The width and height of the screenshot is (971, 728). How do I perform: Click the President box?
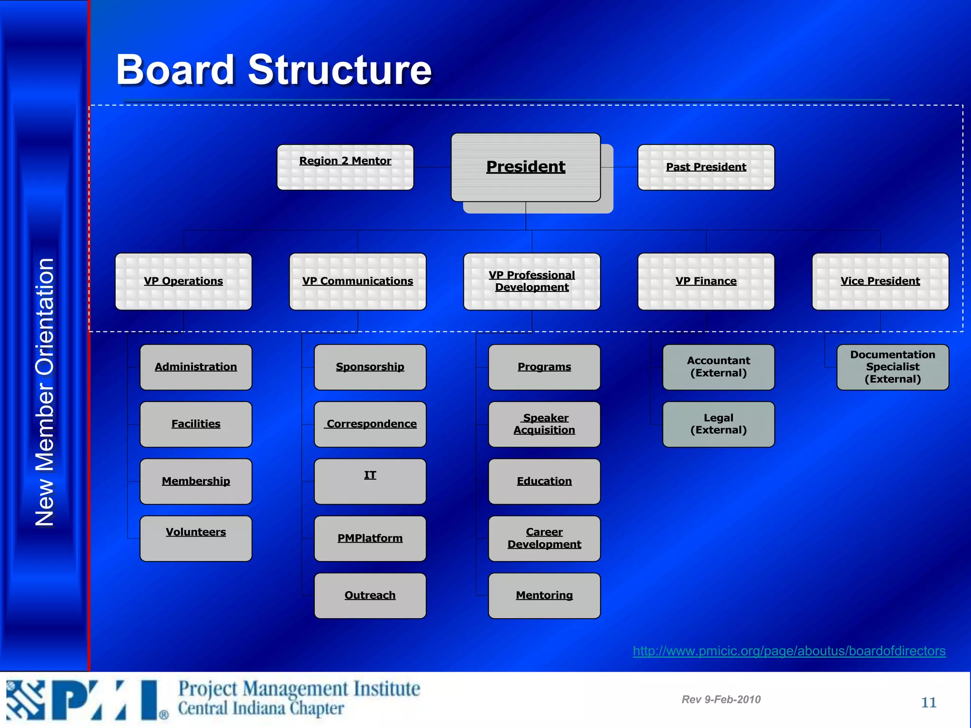525,167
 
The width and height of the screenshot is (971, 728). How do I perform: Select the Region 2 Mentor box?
345,167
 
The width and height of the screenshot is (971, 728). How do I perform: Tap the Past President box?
706,167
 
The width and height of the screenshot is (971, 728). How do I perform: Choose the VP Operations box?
183,281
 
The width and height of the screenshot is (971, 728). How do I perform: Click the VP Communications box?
357,281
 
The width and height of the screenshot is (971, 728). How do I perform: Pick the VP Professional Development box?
531,281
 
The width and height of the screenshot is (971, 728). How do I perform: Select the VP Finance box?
706,281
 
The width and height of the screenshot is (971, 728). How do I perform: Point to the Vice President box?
880,281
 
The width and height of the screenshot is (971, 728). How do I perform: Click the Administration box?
196,367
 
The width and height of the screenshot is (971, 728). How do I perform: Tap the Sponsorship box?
370,367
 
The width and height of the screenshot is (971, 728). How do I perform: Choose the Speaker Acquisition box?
544,424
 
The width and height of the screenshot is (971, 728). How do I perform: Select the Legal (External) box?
718,424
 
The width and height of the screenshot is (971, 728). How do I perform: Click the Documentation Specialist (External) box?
892,367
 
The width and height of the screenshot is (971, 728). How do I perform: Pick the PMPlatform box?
370,538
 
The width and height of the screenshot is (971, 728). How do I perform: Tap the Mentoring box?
544,595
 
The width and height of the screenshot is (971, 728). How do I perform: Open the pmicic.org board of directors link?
789,651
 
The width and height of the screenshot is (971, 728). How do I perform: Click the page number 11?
928,702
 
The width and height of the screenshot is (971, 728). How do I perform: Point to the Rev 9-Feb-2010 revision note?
721,700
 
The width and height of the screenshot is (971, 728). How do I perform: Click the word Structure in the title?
339,70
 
